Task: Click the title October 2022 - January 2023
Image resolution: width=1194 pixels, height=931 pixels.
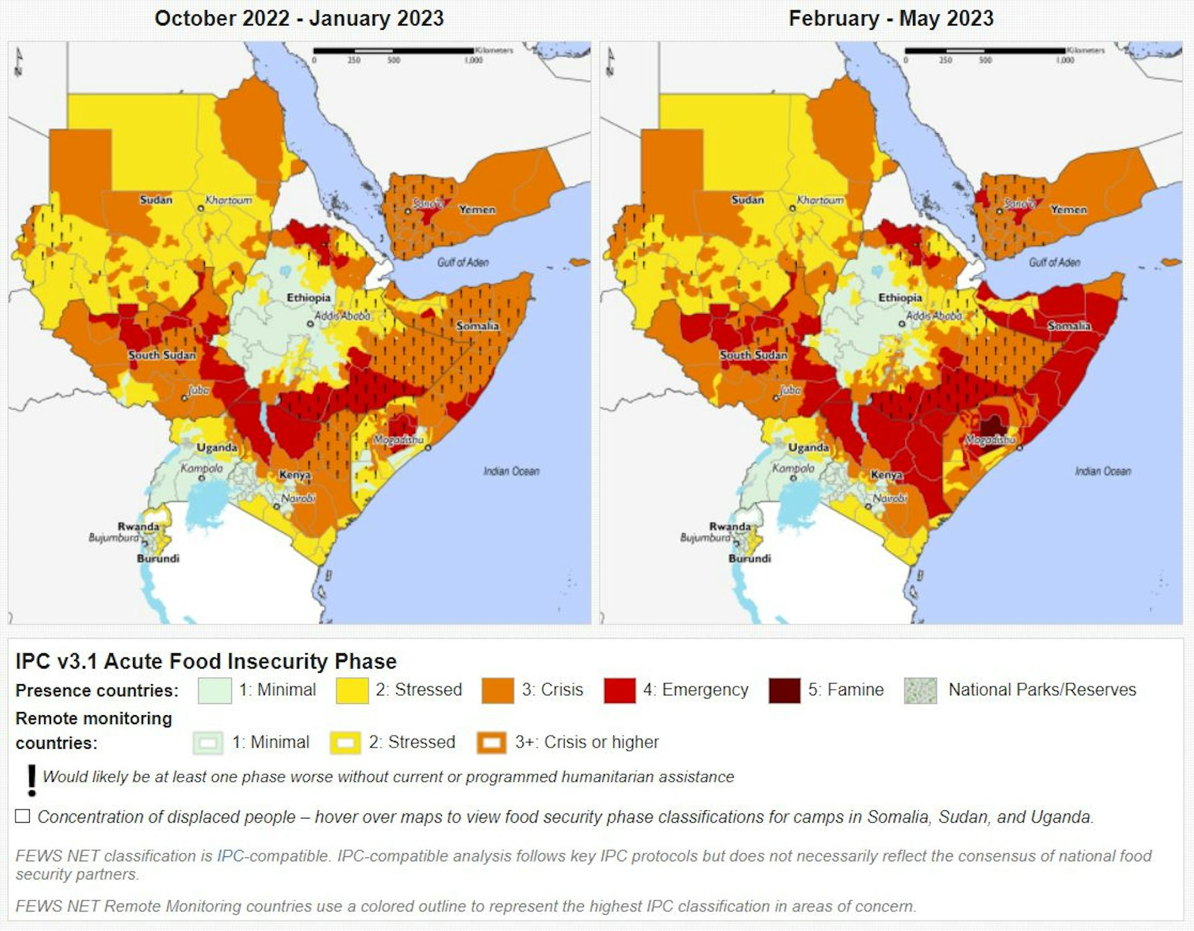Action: click(299, 18)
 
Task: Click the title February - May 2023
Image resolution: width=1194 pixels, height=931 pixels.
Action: click(891, 18)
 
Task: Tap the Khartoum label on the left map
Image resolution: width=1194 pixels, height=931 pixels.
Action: click(228, 200)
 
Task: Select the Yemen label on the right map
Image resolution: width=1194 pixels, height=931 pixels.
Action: click(1068, 210)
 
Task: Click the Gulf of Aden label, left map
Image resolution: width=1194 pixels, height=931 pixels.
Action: click(463, 262)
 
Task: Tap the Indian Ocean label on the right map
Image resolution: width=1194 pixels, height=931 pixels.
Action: click(1103, 471)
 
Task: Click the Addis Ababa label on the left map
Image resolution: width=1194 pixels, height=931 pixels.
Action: click(342, 316)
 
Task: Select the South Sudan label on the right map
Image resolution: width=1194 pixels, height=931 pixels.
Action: click(753, 355)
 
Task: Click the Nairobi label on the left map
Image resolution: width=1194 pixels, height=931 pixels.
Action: click(298, 498)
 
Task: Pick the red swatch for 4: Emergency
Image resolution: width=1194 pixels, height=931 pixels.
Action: click(619, 690)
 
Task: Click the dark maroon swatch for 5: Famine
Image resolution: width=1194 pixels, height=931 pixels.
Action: click(784, 690)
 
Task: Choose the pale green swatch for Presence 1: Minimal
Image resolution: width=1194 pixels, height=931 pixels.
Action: click(215, 690)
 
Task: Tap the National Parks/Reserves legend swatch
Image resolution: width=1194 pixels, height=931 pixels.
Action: click(920, 690)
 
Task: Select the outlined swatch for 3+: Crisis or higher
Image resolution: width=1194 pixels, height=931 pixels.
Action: click(491, 743)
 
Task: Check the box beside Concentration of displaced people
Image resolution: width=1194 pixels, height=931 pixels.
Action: click(23, 816)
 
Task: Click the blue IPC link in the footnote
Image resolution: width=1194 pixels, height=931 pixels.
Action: click(230, 856)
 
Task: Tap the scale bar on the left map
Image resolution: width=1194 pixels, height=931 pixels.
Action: click(393, 51)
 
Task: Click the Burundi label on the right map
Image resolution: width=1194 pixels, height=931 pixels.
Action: click(749, 558)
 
